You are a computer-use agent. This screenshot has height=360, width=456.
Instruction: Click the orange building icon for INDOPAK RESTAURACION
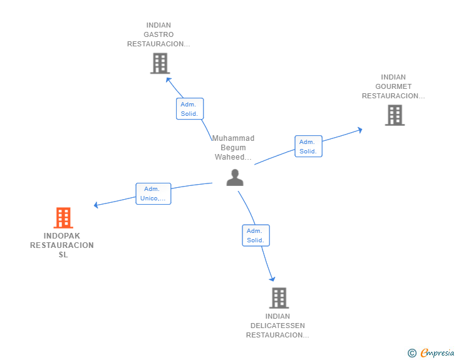coord(63,217)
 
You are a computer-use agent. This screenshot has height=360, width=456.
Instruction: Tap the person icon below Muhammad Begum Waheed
coord(235,177)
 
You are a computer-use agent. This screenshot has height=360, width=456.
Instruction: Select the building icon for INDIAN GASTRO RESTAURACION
coord(160,63)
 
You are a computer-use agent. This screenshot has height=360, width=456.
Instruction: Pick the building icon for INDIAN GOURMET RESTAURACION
coord(395,115)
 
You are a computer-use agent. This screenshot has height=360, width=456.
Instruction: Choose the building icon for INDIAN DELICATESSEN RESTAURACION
coord(279,298)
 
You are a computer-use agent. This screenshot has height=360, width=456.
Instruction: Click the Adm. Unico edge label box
coord(153,193)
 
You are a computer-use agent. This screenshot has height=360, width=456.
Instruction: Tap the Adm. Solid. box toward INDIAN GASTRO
coord(190,109)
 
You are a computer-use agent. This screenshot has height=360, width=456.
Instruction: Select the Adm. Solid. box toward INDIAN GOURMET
coord(308,147)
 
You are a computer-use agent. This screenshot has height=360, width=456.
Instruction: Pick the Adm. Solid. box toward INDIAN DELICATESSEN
coord(256,235)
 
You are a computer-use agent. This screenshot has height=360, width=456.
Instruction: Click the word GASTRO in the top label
coord(158,34)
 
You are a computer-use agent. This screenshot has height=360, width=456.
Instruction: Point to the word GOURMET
coord(393,86)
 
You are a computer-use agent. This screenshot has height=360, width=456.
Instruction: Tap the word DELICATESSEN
coord(277,326)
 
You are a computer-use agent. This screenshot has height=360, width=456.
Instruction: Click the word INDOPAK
coord(61,236)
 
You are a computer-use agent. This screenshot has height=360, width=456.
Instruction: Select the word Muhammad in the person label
coord(233,138)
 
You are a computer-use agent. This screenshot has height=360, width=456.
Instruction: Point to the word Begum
coord(233,148)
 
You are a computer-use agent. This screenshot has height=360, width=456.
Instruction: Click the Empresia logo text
coord(437,352)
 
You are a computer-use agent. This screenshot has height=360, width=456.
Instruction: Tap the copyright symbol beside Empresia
coord(412,353)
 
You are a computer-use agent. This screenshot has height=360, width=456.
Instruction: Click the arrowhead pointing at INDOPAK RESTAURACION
coord(96,205)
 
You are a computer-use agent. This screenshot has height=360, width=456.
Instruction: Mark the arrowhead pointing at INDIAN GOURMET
coord(360,130)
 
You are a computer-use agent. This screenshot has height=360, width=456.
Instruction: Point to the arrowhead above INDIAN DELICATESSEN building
coord(272,279)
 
